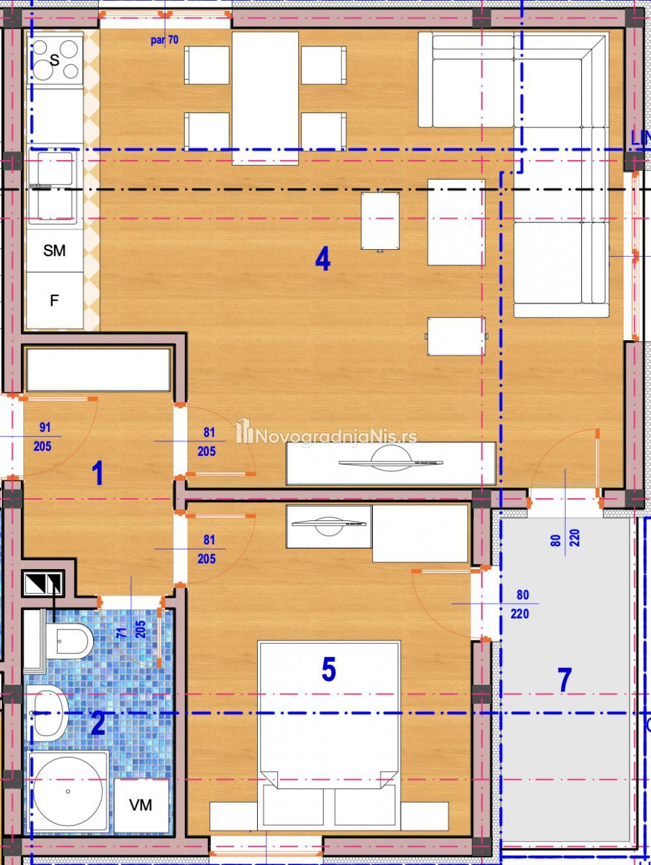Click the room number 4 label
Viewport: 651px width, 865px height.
coord(322,259)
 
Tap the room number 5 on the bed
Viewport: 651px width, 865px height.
coord(329,669)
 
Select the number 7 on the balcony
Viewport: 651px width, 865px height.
coord(564,680)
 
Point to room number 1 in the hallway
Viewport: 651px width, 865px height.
coord(98,473)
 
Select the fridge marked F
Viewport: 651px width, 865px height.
coord(55,300)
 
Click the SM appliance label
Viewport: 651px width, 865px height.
coord(55,250)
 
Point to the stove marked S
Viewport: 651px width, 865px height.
coord(55,59)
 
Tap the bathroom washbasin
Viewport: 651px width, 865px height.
coord(48,713)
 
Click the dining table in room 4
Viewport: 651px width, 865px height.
coord(265,98)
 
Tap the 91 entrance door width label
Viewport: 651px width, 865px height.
coord(45,427)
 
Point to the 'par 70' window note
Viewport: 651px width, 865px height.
coord(165,40)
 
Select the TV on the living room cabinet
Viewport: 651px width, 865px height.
coord(391,462)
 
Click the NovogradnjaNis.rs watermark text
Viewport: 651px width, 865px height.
coord(326,434)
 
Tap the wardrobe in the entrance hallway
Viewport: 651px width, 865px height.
coord(98,369)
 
